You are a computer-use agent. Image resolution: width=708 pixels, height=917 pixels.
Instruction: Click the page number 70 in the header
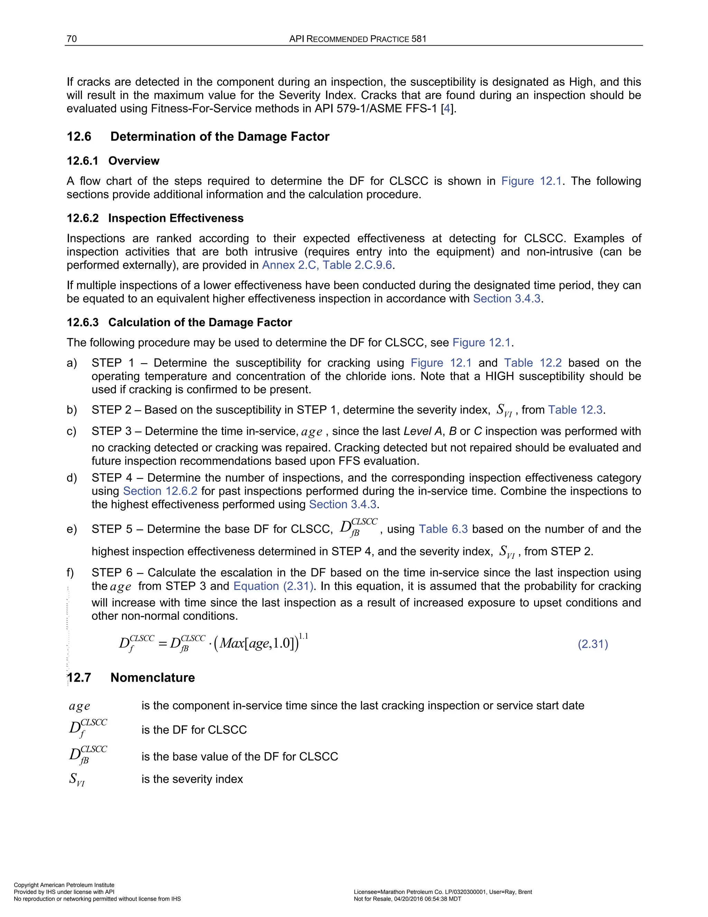pos(72,39)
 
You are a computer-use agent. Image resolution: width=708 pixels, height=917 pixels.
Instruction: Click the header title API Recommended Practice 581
pos(358,39)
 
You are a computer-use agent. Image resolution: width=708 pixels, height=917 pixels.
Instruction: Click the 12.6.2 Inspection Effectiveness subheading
pos(155,218)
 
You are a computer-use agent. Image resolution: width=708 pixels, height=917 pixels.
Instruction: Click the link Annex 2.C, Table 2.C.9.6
pos(327,265)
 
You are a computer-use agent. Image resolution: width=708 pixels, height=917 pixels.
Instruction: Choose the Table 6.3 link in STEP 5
pos(443,529)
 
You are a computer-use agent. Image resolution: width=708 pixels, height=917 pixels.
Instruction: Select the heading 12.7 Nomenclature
pos(131,677)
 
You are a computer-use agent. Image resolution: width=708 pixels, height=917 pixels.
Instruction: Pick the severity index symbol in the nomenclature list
pos(77,779)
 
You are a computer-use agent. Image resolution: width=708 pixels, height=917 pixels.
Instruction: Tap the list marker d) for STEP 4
pos(72,478)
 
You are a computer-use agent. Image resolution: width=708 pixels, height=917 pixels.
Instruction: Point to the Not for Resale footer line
pos(407,899)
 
